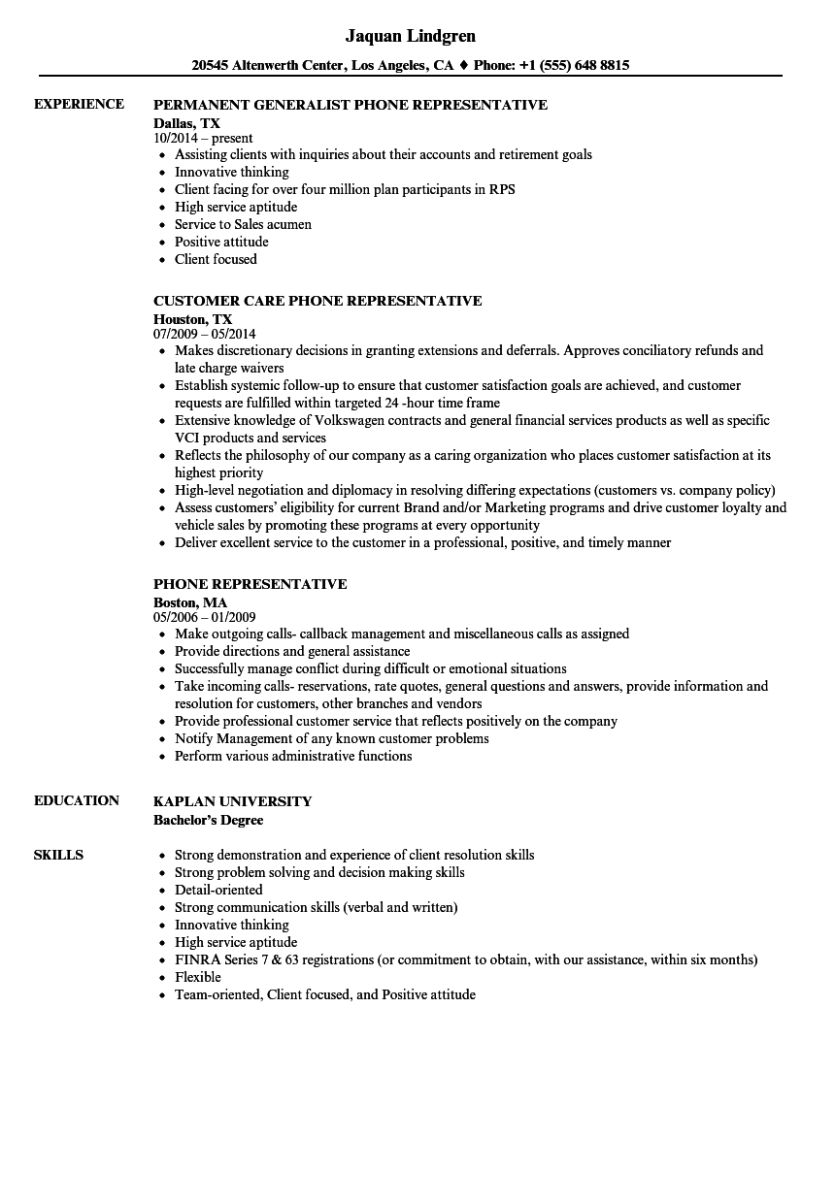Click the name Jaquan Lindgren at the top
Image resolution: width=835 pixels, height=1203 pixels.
410,36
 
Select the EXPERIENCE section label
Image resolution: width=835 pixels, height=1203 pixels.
79,104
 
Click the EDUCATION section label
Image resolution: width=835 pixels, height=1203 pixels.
77,800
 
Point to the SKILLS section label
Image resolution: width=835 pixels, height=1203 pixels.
58,855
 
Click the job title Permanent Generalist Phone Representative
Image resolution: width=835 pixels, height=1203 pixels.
351,105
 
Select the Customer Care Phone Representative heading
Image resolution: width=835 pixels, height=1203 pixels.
317,301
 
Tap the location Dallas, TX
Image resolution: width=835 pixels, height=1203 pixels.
186,123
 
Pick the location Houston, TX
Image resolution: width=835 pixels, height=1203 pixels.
193,319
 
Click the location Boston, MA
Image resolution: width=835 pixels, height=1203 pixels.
190,602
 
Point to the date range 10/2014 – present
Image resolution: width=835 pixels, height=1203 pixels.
203,139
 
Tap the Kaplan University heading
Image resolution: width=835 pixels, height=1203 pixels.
233,801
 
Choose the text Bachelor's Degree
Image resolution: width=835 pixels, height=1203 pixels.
208,820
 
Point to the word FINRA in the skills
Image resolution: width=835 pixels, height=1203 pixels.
194,959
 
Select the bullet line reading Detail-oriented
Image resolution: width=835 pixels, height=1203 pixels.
218,890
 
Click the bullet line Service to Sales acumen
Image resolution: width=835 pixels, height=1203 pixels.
243,224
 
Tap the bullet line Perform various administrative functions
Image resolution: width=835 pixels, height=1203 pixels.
293,756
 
